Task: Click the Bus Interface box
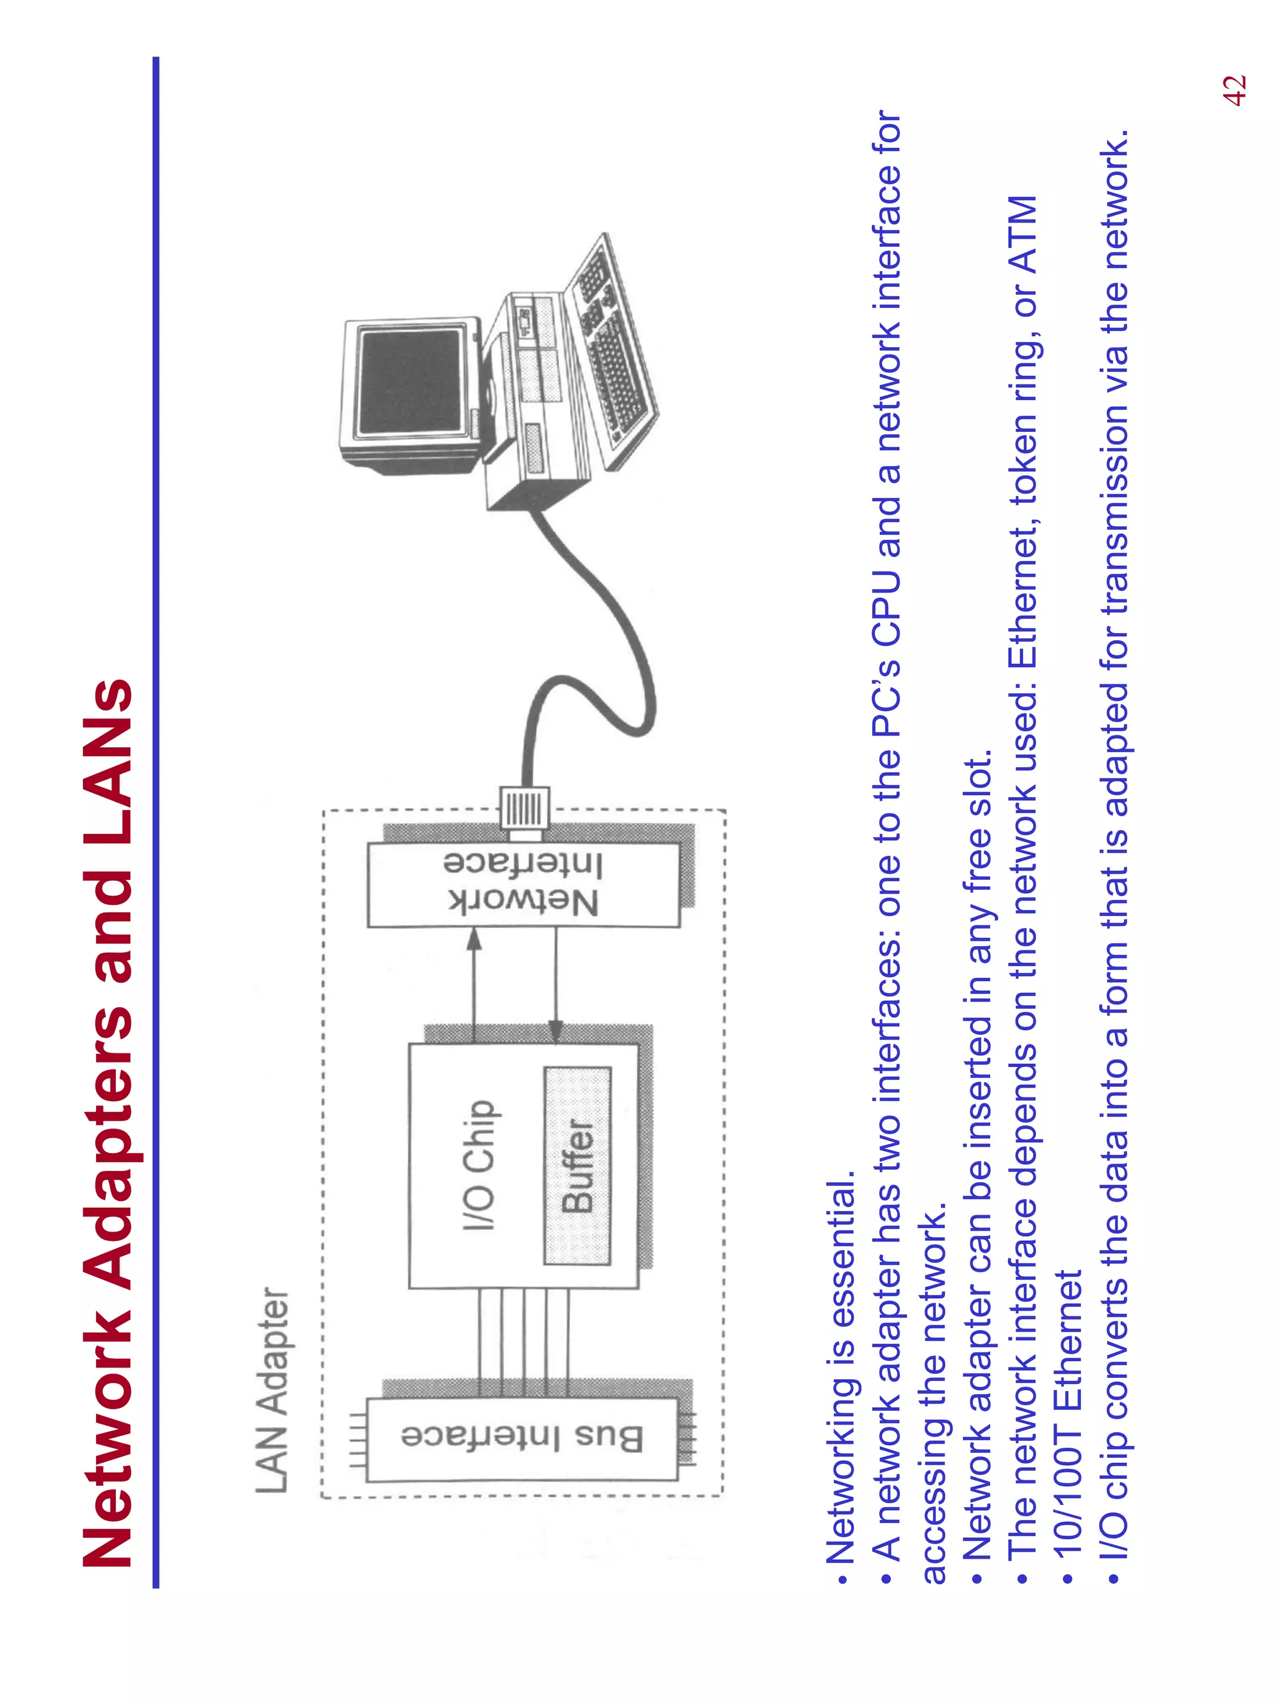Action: click(x=521, y=1438)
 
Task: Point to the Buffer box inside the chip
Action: click(x=578, y=1165)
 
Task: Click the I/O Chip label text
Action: click(x=479, y=1165)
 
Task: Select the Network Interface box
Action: click(x=523, y=884)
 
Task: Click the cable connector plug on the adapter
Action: click(x=525, y=808)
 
